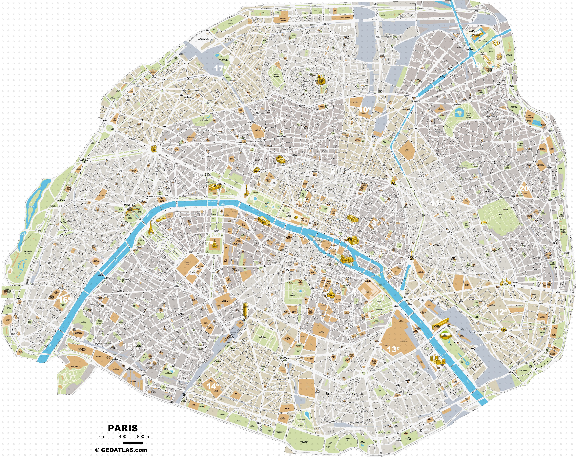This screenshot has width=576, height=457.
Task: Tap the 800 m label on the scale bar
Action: [143, 437]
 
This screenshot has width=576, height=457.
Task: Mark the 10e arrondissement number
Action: [365, 109]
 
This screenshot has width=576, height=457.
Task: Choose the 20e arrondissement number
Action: [525, 188]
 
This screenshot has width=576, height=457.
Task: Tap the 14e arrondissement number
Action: [213, 386]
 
